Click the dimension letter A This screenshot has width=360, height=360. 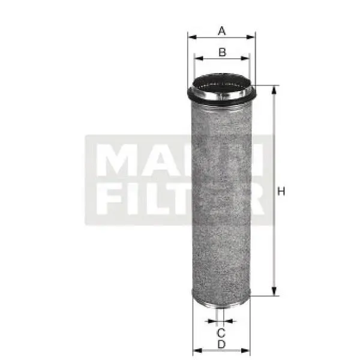tap(222, 30)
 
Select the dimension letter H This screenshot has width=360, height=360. tap(280, 191)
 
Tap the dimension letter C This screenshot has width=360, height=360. tap(221, 332)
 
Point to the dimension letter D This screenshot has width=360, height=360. tap(221, 344)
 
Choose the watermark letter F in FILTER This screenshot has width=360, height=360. tap(106, 200)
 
